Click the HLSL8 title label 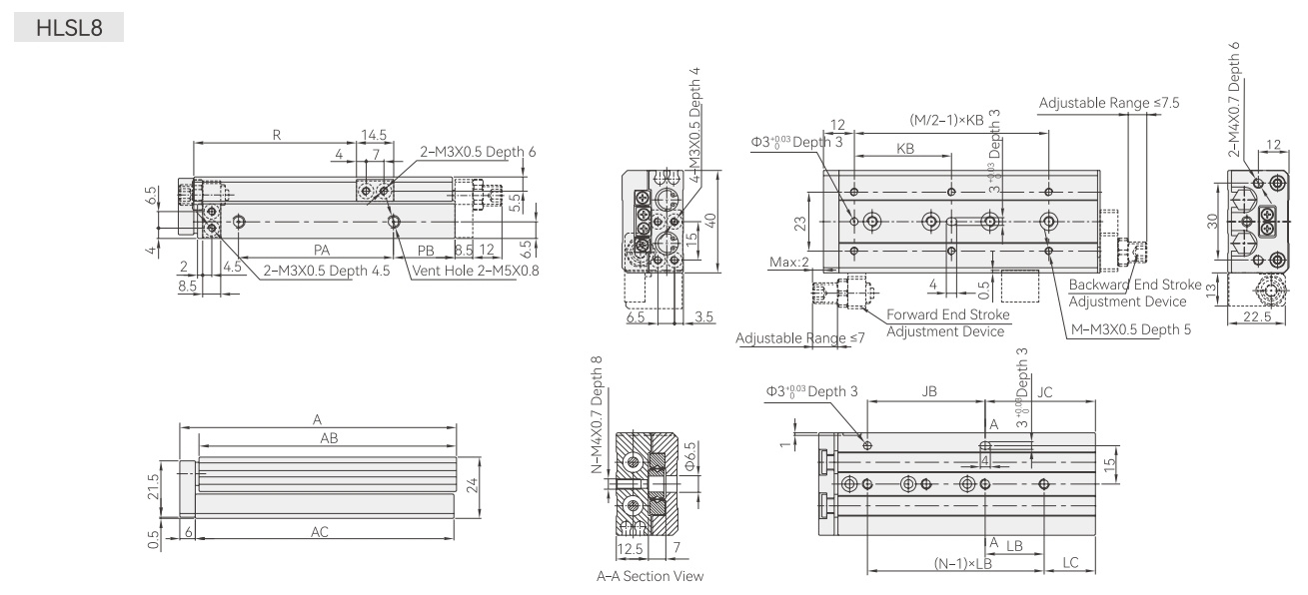click(69, 28)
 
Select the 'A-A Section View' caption click(650, 576)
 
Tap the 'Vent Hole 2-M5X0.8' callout click(476, 271)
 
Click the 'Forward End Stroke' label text click(947, 314)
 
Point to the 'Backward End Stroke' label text click(1134, 285)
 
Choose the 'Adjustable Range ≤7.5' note click(1109, 103)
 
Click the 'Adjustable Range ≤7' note click(800, 338)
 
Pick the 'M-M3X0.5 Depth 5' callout click(1130, 329)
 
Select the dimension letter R click(277, 135)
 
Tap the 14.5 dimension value click(374, 135)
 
